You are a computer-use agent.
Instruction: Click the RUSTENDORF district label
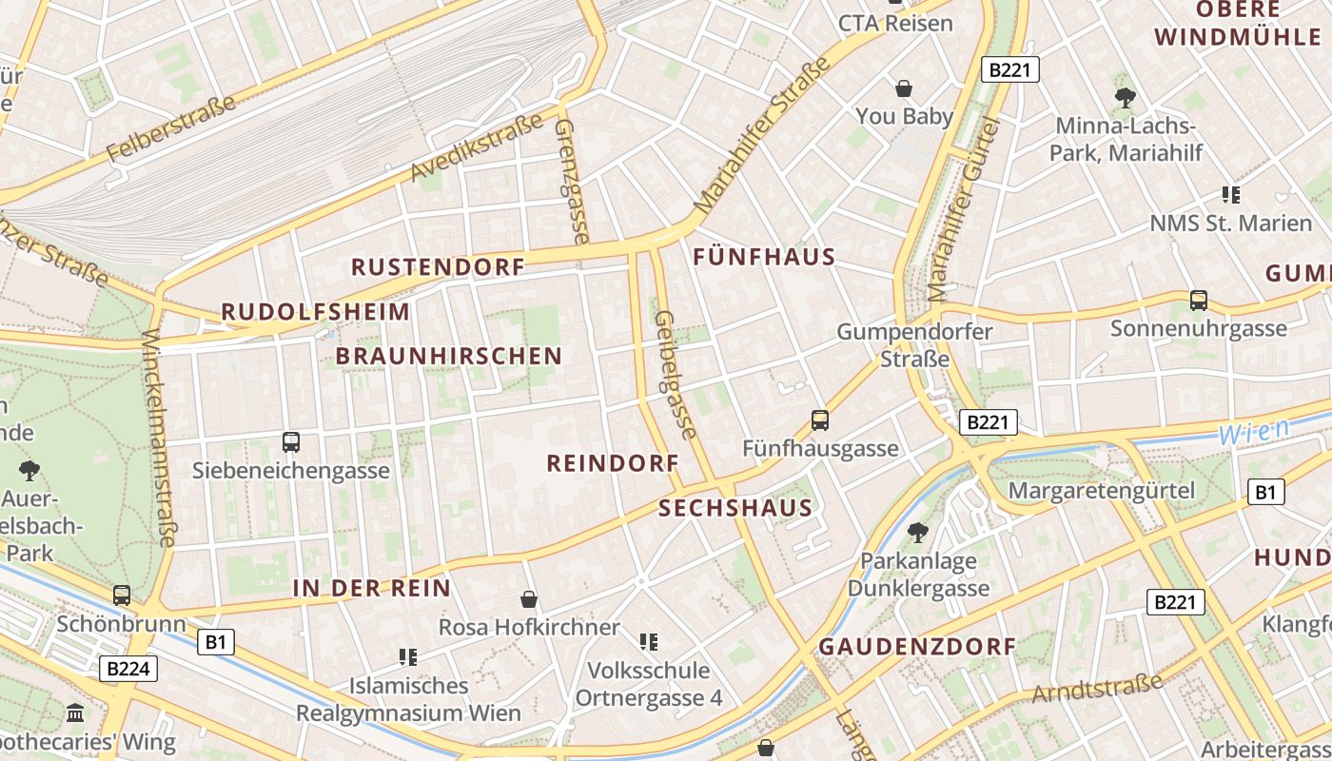(x=439, y=266)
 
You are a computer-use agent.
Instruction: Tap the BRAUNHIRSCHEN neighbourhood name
(x=448, y=356)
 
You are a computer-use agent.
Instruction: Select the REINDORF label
(x=613, y=463)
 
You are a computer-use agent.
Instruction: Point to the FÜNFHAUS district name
(x=764, y=257)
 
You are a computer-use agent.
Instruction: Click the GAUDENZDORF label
(x=917, y=646)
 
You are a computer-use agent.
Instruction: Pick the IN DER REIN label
(x=371, y=588)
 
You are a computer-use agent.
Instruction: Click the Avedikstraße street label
(x=477, y=146)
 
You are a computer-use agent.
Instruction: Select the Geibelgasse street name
(x=676, y=375)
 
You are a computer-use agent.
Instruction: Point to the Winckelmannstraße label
(x=158, y=438)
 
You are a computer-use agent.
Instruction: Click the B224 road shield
(x=127, y=669)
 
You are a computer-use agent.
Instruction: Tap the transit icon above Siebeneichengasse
(x=291, y=442)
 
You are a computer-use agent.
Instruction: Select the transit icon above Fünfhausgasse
(x=820, y=420)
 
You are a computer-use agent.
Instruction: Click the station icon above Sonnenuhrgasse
(x=1199, y=301)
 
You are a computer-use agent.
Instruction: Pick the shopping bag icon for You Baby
(x=904, y=88)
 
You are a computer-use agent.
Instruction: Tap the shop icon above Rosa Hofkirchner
(x=529, y=599)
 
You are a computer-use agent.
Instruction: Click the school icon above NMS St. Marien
(x=1231, y=195)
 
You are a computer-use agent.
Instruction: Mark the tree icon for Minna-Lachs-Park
(x=1126, y=96)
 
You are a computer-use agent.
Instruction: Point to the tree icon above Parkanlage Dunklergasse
(x=918, y=532)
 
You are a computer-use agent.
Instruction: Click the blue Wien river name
(x=1253, y=430)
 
